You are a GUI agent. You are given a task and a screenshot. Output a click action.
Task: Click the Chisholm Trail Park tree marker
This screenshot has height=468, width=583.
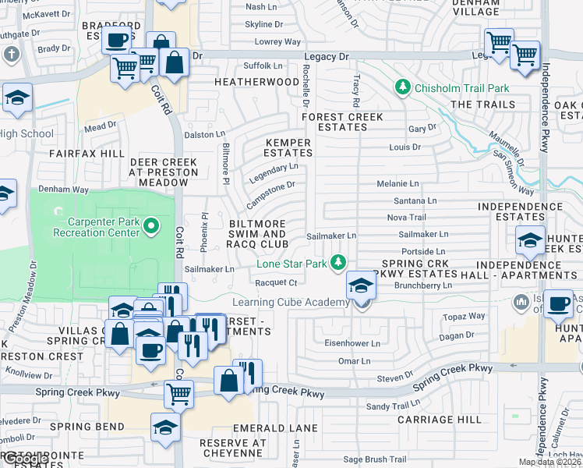pyautogui.click(x=403, y=87)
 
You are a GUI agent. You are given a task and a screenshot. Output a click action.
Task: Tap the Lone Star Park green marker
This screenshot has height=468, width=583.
pyautogui.click(x=338, y=264)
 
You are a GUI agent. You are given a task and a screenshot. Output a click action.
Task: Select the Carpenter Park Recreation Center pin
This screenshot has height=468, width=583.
pyautogui.click(x=152, y=227)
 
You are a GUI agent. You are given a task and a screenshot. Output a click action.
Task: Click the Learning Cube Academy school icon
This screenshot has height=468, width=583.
pyautogui.click(x=360, y=289)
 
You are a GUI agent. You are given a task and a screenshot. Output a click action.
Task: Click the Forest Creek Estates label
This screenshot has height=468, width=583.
pyautogui.click(x=342, y=122)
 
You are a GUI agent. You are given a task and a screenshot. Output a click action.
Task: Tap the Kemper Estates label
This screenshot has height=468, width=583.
pyautogui.click(x=288, y=148)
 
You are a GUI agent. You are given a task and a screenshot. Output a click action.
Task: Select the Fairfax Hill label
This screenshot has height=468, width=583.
pyautogui.click(x=87, y=154)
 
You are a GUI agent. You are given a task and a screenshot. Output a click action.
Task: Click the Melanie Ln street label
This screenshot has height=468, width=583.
pyautogui.click(x=397, y=184)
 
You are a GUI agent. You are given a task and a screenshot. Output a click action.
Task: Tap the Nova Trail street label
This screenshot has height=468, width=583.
pyautogui.click(x=406, y=218)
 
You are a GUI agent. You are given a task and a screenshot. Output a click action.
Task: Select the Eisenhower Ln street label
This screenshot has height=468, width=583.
pyautogui.click(x=353, y=343)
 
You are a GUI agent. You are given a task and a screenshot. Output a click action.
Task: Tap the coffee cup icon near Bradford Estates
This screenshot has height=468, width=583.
pyautogui.click(x=117, y=41)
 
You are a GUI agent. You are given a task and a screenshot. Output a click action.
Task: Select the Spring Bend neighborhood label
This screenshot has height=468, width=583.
pyautogui.click(x=87, y=427)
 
